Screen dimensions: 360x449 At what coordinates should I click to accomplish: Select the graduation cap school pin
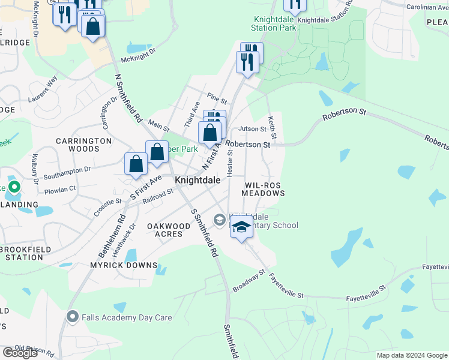(241, 228)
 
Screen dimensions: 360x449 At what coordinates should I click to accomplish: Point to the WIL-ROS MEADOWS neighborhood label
(263, 190)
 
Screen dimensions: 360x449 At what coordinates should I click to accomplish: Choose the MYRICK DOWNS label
(124, 265)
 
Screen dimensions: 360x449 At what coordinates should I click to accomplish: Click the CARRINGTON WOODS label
(84, 145)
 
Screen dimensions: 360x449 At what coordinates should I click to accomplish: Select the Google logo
(20, 353)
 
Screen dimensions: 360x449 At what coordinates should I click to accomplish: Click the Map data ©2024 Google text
(412, 355)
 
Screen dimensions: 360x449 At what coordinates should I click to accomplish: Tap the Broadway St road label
(249, 281)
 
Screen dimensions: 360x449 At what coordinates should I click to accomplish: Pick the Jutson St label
(252, 128)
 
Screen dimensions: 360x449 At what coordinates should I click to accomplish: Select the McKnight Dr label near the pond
(138, 56)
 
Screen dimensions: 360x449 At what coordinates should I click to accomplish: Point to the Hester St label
(230, 163)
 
